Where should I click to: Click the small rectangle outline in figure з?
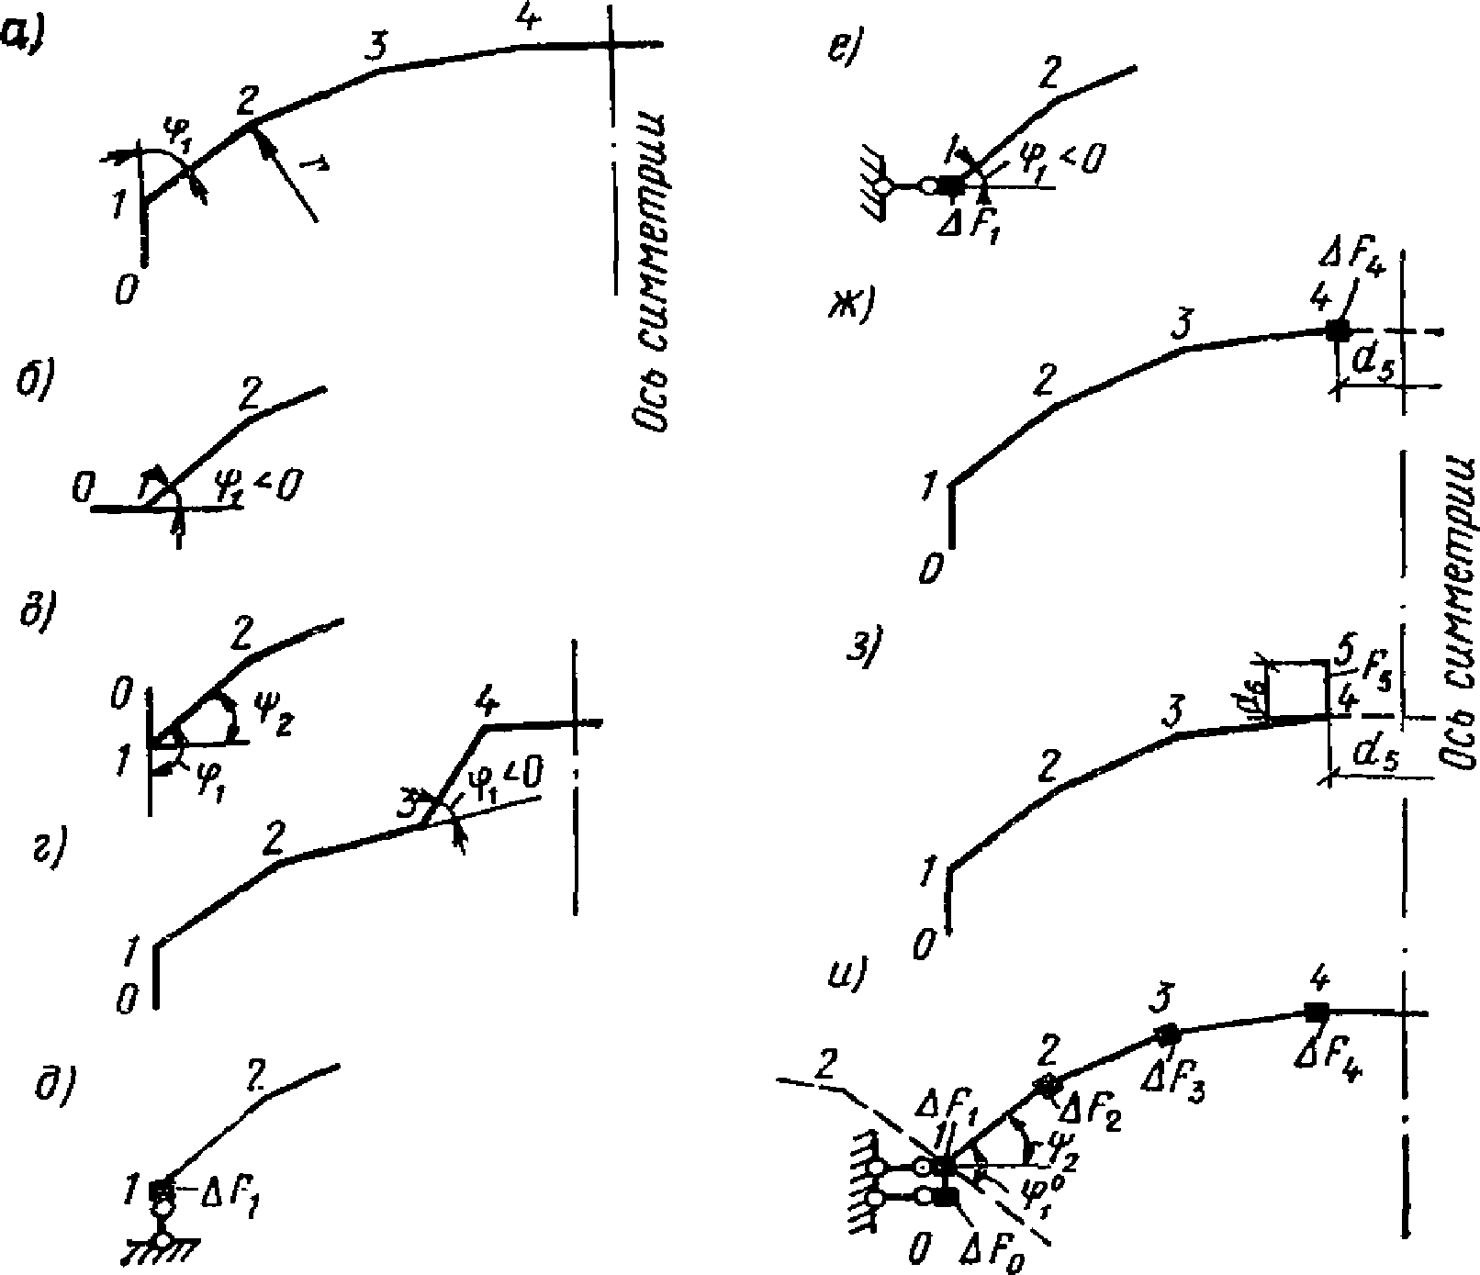tap(1296, 688)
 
